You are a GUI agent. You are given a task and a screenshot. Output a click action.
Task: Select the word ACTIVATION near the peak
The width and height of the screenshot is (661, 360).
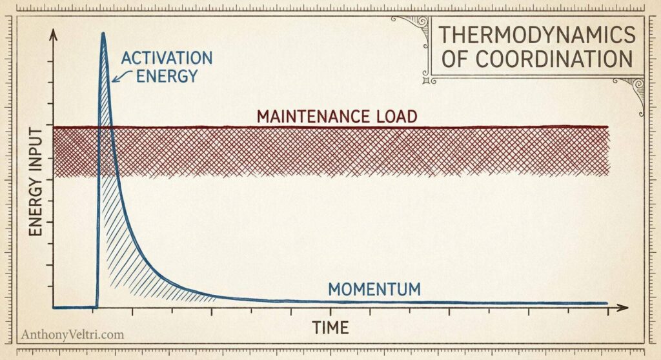point(166,58)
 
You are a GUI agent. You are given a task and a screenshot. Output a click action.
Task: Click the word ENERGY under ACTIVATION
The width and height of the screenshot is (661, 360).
point(166,77)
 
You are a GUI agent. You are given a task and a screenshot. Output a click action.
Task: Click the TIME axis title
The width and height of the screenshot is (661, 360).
point(330,327)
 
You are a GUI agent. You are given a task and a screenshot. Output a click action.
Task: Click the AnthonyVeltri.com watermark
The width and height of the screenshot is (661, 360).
point(72,335)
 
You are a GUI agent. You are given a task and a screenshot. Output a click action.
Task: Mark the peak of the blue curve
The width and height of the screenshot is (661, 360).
point(103,34)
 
